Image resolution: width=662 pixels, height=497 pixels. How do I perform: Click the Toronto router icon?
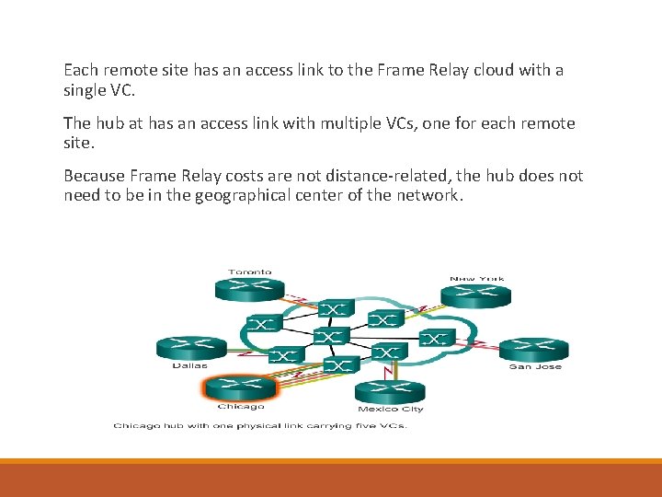[250, 289]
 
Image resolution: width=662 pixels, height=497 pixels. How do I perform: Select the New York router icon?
[475, 295]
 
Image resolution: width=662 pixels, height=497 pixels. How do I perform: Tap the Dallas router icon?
[190, 347]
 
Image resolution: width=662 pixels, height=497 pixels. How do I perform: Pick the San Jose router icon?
[534, 349]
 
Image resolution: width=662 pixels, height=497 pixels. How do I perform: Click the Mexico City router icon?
[391, 391]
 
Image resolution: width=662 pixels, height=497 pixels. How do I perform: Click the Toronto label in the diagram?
[250, 272]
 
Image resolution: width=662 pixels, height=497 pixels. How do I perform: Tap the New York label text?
[476, 279]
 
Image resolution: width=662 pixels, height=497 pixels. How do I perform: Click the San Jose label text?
[535, 366]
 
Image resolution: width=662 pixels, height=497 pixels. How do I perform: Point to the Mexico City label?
[391, 409]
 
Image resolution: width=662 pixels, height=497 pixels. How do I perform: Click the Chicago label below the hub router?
[241, 406]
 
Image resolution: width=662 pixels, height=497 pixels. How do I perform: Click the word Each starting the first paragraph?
[80, 70]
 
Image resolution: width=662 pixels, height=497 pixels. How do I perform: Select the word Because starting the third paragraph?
[96, 176]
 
